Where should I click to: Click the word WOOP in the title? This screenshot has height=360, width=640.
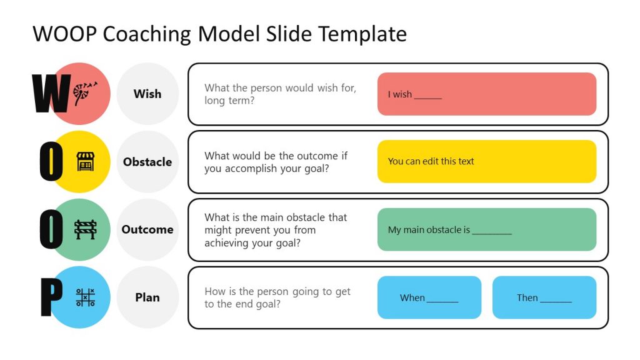tap(65, 34)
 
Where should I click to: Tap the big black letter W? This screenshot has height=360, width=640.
tap(51, 94)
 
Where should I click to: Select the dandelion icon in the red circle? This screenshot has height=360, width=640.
tap(85, 93)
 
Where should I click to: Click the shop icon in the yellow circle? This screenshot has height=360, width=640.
tap(86, 161)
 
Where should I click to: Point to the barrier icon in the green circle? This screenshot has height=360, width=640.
tap(86, 229)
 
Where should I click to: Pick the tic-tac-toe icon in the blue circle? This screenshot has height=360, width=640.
tap(86, 297)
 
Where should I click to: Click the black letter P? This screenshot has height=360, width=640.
tap(51, 297)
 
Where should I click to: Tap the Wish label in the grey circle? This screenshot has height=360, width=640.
tap(147, 94)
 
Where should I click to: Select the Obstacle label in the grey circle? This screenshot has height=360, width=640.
tap(147, 162)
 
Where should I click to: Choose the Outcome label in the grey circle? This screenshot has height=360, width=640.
tap(147, 229)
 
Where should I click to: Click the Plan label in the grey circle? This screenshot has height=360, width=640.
tap(147, 297)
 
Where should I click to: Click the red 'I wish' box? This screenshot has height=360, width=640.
tap(486, 94)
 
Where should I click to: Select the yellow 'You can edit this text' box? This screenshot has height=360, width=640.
tap(486, 161)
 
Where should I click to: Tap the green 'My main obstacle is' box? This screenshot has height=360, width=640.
tap(486, 229)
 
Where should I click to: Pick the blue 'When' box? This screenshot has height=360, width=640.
tap(429, 297)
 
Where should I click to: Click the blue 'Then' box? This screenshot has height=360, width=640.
tap(544, 297)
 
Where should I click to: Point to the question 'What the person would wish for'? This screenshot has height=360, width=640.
tap(280, 94)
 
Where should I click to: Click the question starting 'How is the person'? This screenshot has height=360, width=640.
tap(277, 297)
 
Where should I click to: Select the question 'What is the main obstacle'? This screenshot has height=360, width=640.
tap(276, 230)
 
